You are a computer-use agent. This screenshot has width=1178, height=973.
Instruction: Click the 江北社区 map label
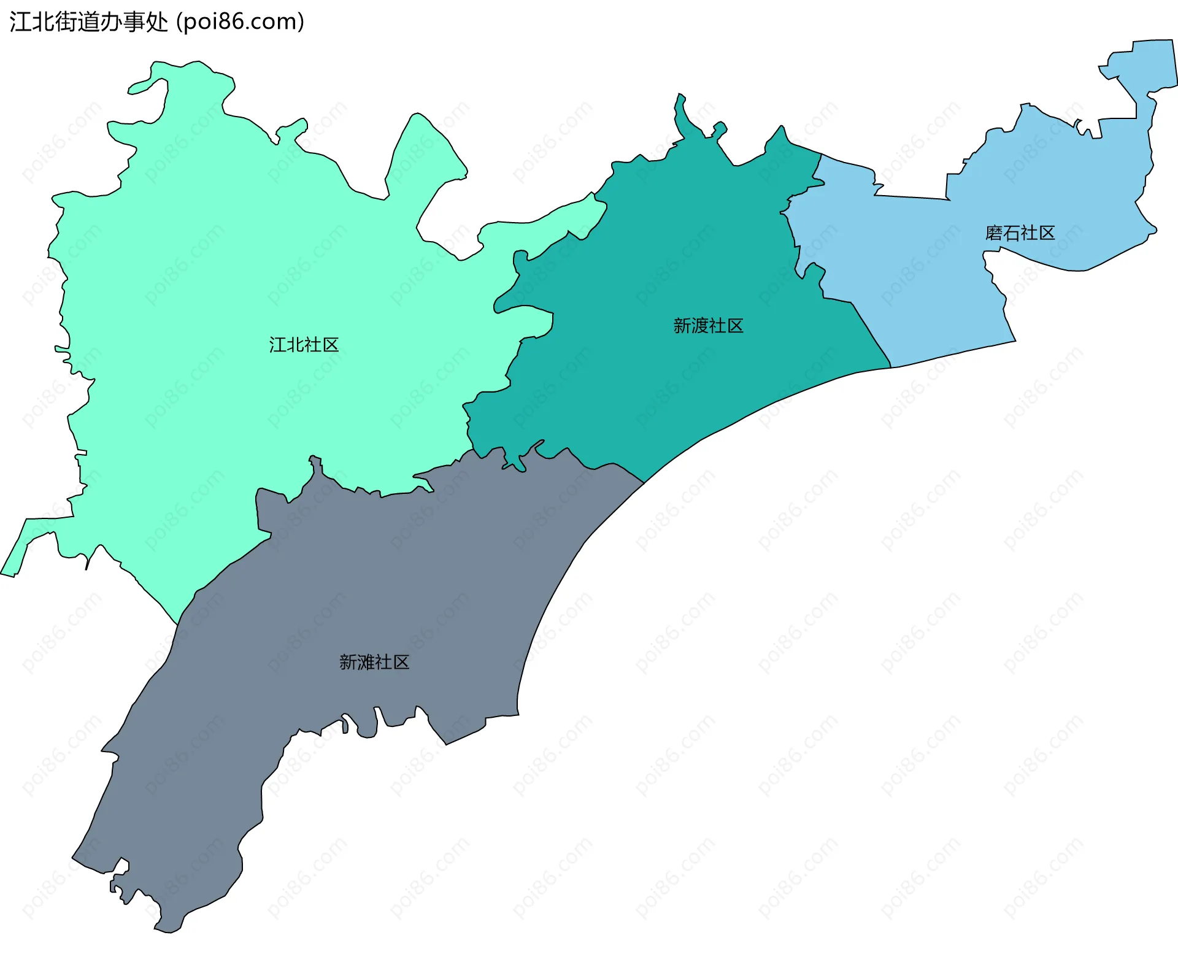[304, 345]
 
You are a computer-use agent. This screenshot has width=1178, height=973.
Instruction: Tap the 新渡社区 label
[708, 326]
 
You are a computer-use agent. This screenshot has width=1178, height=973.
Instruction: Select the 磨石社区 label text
[1020, 233]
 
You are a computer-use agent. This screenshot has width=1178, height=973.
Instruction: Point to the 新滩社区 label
[374, 662]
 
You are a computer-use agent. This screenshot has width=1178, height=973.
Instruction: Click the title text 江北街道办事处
[88, 22]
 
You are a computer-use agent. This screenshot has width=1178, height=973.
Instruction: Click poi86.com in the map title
[240, 22]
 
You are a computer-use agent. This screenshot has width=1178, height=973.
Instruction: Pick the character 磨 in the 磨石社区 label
[994, 233]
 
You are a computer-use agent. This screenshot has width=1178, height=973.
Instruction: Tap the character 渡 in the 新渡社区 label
[700, 326]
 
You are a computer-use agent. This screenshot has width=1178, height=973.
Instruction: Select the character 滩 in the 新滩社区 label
[366, 662]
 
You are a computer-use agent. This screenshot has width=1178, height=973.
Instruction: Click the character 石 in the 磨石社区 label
[1011, 233]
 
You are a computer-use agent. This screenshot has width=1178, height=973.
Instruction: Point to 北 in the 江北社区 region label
[295, 345]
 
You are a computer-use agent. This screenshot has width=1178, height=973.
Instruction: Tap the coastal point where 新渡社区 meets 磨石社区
[890, 367]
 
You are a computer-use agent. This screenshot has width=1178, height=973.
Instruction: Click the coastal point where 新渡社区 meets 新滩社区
[643, 483]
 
